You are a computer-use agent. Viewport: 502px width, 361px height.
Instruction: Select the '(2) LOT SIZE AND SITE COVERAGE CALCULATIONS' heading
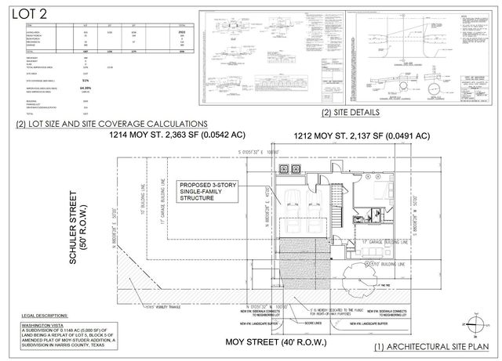tap(112, 123)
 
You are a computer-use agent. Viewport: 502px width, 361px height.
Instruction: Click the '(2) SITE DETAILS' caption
tap(351, 113)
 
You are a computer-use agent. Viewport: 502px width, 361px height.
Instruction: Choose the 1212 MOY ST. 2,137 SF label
tap(362, 136)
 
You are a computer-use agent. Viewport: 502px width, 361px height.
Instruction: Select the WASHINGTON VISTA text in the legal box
tap(39, 322)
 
